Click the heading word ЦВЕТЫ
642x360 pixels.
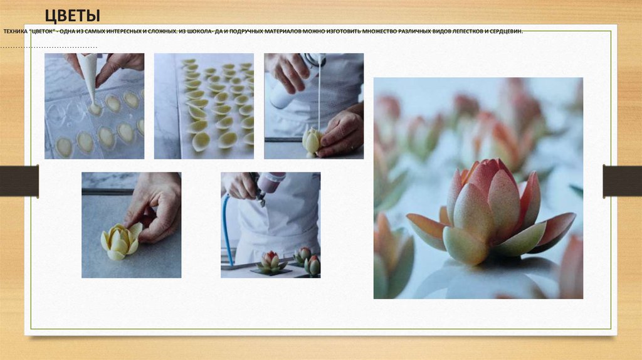tap(73, 16)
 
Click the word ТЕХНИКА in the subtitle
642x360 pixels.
tap(16, 31)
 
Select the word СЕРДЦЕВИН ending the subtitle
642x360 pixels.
tap(506, 31)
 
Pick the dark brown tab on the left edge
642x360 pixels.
tap(19, 181)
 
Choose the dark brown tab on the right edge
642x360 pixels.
tap(623, 181)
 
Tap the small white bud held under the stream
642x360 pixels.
tap(312, 142)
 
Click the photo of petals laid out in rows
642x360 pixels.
tap(204, 106)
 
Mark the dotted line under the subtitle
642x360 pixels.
tap(48, 48)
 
